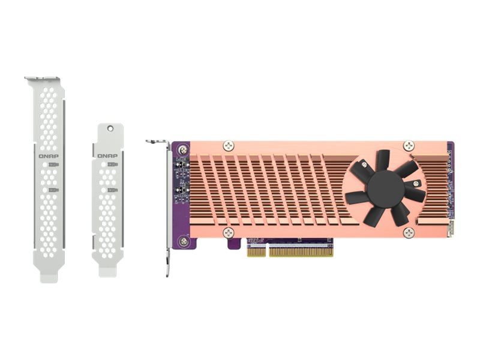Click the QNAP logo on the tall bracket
coord(49,155)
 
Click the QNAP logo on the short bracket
coord(108,155)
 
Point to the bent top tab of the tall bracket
coord(42,79)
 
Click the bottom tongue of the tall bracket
coord(49,276)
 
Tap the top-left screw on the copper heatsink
coord(228,145)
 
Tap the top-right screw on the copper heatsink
coord(409,145)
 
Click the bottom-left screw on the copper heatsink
coord(228,232)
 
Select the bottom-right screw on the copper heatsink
coord(409,232)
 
